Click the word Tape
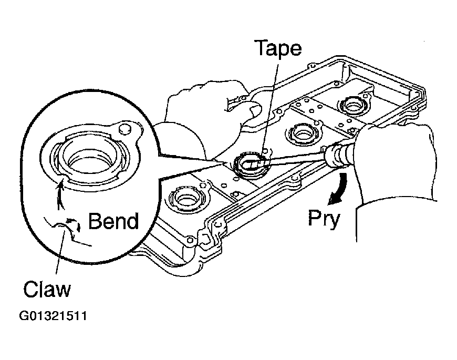click(x=278, y=48)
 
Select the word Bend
click(x=113, y=221)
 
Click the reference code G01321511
click(x=53, y=317)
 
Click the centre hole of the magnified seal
click(x=87, y=156)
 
